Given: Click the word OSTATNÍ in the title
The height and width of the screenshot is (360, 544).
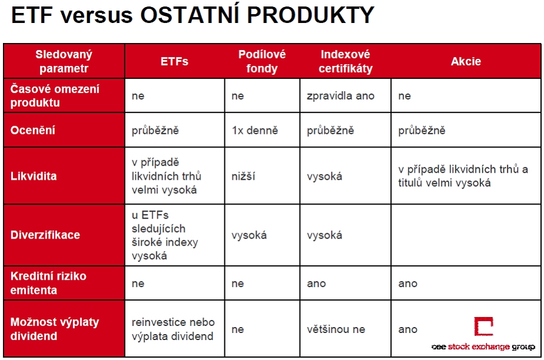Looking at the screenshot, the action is tap(190, 15).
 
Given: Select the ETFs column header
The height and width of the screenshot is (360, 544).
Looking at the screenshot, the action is tap(174, 61).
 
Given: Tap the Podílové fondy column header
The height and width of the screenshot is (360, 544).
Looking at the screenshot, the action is tap(262, 61).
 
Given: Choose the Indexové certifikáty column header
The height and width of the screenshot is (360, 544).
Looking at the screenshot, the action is tap(346, 61).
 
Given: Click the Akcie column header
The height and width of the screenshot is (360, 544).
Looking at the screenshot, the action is tap(466, 61).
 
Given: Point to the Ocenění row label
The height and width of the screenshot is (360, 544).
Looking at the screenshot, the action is tap(32, 130).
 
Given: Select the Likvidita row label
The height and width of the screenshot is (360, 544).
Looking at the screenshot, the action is tap(34, 176).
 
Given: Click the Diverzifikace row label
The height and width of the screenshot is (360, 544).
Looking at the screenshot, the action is tap(45, 235).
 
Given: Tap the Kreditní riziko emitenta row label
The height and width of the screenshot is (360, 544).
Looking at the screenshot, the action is tap(48, 283).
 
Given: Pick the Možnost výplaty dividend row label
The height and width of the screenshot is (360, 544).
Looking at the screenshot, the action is tap(55, 329).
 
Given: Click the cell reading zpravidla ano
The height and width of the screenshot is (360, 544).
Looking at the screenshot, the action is tap(340, 96).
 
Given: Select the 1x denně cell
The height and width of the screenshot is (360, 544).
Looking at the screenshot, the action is tap(255, 131).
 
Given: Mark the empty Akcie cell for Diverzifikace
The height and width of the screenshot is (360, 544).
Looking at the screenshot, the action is tap(466, 235).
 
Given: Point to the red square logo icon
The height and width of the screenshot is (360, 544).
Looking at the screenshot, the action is tap(483, 326).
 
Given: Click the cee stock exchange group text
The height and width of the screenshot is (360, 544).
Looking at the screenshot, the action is tap(483, 346).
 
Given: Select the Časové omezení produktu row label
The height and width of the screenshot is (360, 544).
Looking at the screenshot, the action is tap(55, 96).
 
